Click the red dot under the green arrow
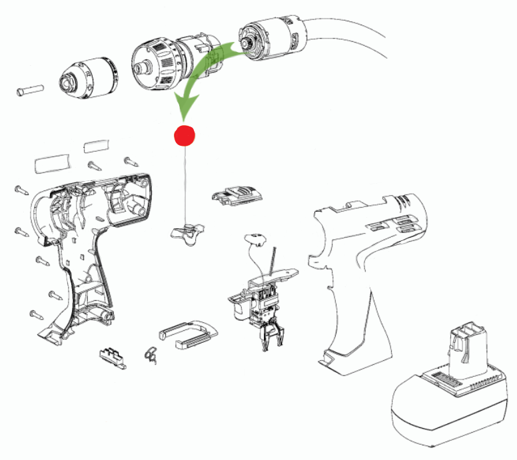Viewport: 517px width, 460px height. point(183,135)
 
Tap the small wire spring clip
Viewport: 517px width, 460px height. point(151,355)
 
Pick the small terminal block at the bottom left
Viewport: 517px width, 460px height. point(112,355)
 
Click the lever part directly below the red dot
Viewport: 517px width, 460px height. point(185,232)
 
